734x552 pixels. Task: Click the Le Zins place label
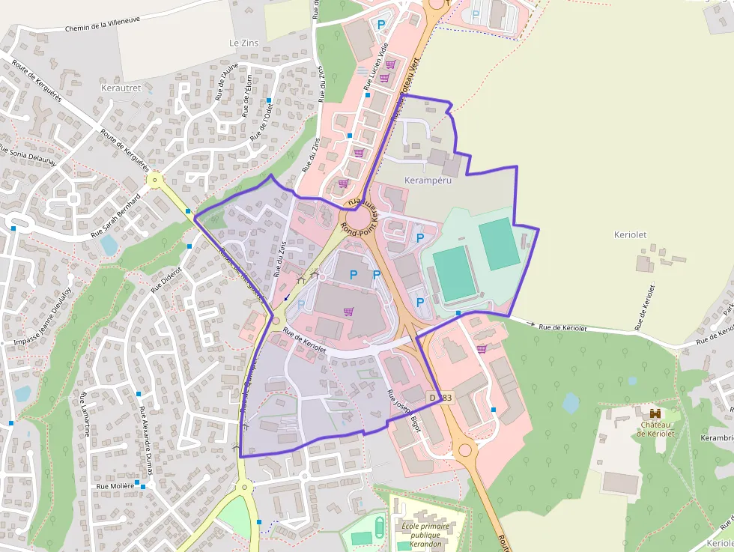coord(243,43)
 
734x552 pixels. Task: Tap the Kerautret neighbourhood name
coord(121,88)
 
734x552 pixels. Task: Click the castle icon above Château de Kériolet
coord(655,413)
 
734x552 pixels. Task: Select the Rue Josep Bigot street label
coord(404,410)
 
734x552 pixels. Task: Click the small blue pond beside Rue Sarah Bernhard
coord(109,245)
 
